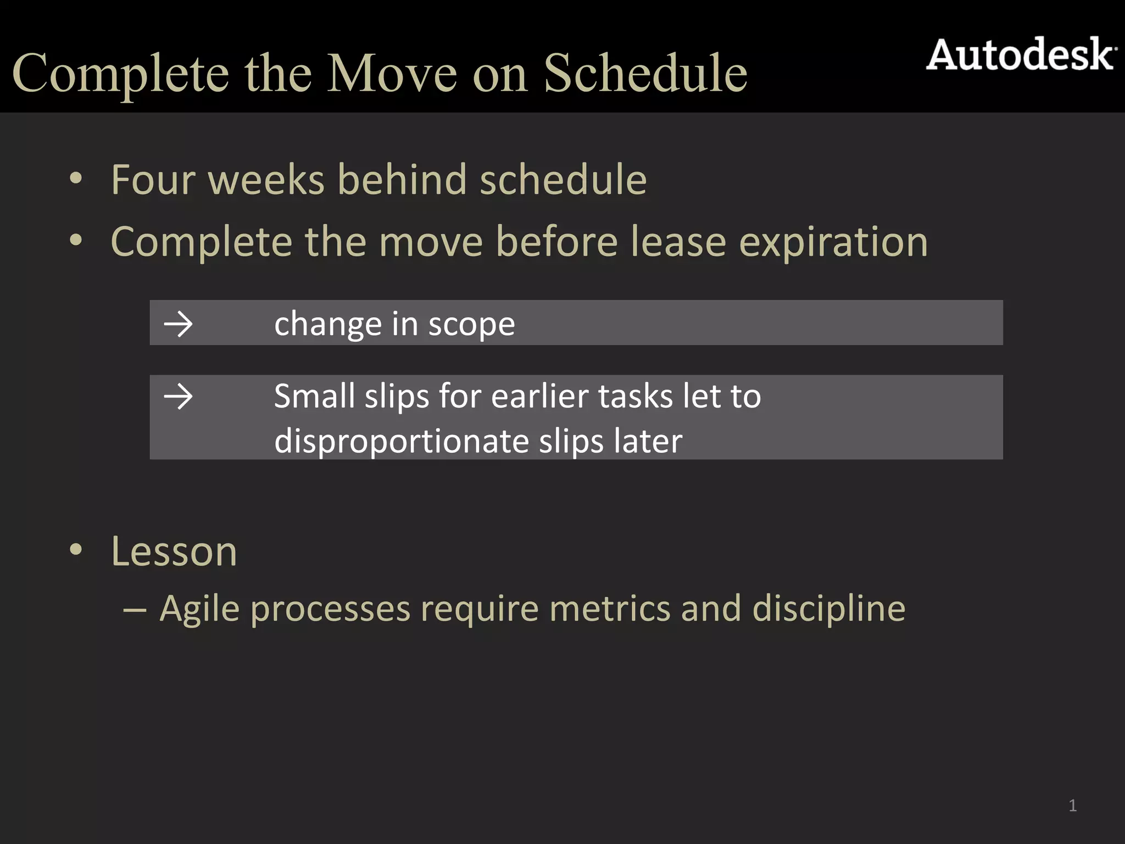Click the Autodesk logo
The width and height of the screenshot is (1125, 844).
tap(1021, 55)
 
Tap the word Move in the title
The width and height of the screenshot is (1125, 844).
tap(392, 73)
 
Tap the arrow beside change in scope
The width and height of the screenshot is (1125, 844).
tap(178, 324)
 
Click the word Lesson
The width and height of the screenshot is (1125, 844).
tap(174, 551)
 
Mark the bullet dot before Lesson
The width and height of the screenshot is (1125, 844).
tap(76, 549)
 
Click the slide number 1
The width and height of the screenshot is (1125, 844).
tap(1072, 806)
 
